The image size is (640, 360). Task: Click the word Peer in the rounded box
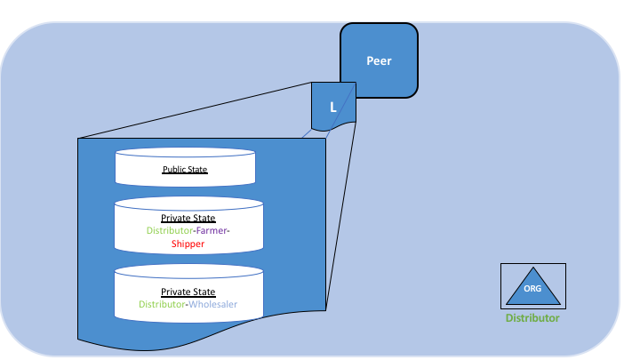tap(379, 60)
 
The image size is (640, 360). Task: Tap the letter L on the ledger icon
tap(333, 108)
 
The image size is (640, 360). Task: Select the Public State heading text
tap(185, 170)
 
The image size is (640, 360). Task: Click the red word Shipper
tap(188, 244)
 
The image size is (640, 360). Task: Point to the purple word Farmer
tap(212, 230)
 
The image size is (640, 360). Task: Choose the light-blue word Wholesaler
tap(212, 304)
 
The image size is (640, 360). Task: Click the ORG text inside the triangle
tap(532, 289)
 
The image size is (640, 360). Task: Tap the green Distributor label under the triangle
tap(532, 318)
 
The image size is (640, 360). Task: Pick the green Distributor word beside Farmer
tap(170, 230)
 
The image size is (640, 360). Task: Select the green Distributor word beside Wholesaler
tap(162, 304)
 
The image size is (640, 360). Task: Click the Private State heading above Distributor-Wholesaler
tap(188, 292)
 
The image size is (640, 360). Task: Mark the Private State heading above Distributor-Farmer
tap(188, 218)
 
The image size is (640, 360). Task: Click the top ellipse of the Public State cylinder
tap(185, 152)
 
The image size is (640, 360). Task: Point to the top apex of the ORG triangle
tap(533, 268)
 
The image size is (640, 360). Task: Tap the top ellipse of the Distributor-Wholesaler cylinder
tap(188, 271)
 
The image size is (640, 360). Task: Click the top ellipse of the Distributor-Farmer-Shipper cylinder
tap(188, 204)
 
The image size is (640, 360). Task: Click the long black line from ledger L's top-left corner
tap(195, 110)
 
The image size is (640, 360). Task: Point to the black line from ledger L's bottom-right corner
tap(340, 216)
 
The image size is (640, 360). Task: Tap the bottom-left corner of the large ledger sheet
tap(78, 340)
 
